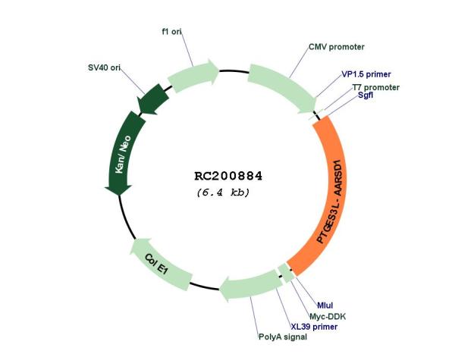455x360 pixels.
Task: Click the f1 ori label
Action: (x=172, y=32)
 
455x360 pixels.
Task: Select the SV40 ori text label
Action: (x=104, y=67)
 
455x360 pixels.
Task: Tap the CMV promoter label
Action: (x=336, y=47)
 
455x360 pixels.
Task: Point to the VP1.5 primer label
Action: (x=366, y=74)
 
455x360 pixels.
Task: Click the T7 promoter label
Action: (x=376, y=87)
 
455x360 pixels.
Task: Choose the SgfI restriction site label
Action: (x=366, y=95)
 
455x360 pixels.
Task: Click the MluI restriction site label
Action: (x=325, y=305)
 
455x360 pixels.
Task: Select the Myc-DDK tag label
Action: (x=328, y=316)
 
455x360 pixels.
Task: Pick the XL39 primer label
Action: (x=314, y=327)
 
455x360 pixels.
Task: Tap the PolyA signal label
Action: (x=283, y=337)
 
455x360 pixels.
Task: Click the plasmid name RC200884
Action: (x=228, y=176)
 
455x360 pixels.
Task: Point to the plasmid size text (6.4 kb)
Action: (x=223, y=193)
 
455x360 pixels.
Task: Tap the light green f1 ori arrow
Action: (x=192, y=76)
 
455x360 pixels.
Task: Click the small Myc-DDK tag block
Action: (x=287, y=273)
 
